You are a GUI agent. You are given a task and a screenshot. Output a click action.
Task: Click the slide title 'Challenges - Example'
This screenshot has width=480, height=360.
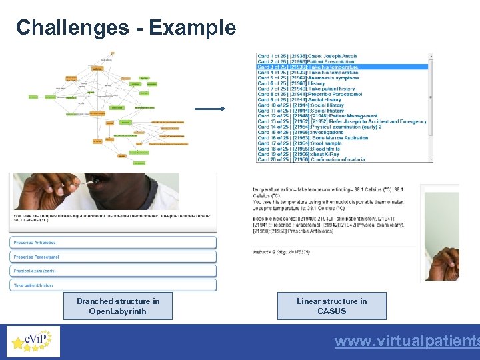pyautogui.click(x=126, y=27)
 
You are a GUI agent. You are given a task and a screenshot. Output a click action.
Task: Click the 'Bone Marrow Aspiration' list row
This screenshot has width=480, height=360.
pyautogui.click(x=313, y=138)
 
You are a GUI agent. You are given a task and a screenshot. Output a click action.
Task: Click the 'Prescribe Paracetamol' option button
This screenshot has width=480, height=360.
pyautogui.click(x=113, y=257)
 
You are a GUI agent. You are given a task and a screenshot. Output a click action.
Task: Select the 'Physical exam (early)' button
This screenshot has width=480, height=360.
pyautogui.click(x=113, y=271)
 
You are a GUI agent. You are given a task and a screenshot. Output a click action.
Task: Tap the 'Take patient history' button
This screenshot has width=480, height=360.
pyautogui.click(x=113, y=285)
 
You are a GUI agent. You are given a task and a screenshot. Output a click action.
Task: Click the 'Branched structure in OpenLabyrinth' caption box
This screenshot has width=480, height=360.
pyautogui.click(x=118, y=306)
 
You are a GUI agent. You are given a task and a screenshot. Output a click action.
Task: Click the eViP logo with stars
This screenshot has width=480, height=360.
pyautogui.click(x=33, y=341)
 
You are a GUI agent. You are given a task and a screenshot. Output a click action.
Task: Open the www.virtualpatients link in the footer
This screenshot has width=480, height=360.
pyautogui.click(x=407, y=341)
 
